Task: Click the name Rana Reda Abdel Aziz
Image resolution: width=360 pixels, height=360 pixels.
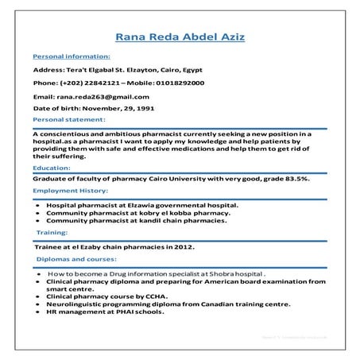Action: coord(180,37)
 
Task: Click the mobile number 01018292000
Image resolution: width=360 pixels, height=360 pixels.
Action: coord(180,83)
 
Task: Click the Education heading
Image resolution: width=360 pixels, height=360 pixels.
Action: coord(51,168)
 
